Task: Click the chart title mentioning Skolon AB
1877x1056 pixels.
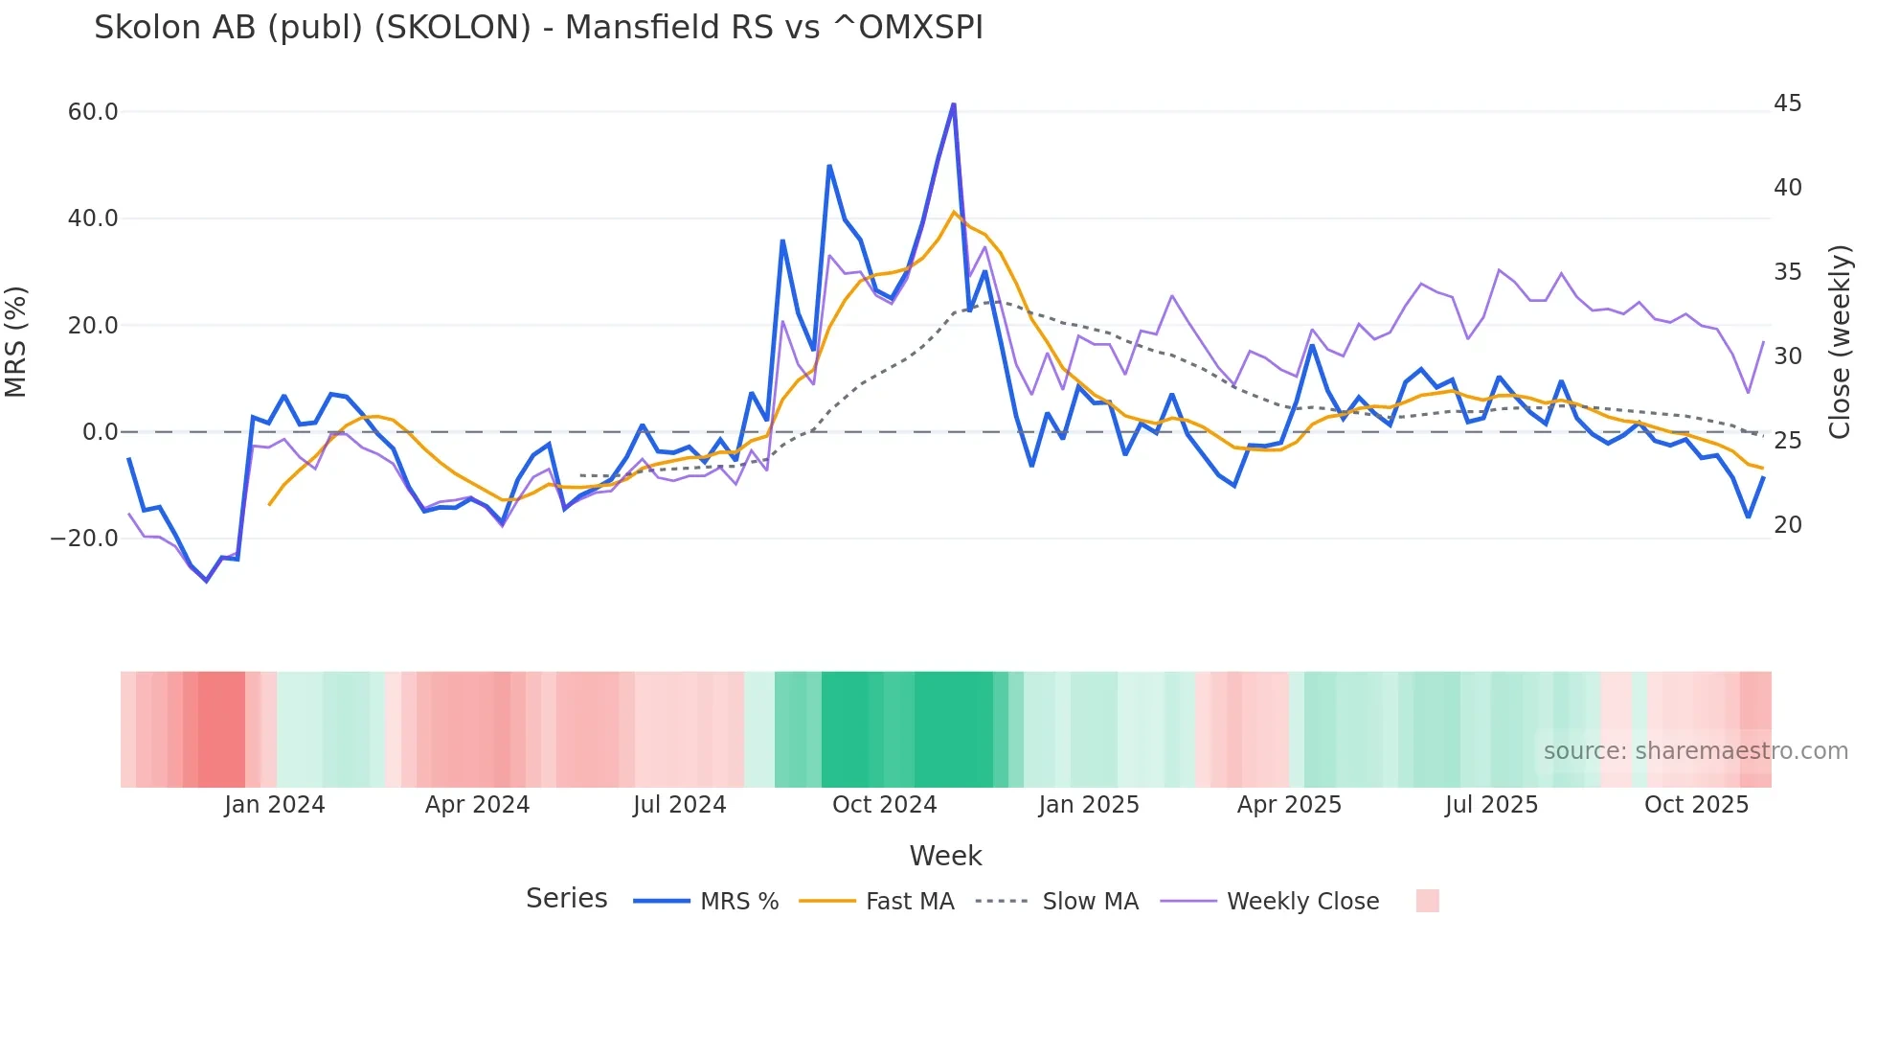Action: tap(538, 28)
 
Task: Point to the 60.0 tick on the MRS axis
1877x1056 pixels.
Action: tap(93, 112)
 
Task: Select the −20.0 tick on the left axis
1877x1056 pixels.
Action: tap(84, 539)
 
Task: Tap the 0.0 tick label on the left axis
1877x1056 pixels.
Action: tap(100, 432)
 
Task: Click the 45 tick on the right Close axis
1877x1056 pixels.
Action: tap(1787, 103)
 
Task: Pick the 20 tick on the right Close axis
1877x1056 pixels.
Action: tap(1787, 525)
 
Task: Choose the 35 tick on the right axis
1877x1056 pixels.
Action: tap(1787, 272)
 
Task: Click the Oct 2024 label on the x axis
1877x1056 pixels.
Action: tap(884, 805)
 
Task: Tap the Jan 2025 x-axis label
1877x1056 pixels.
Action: tap(1088, 805)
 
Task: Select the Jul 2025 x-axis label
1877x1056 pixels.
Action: tap(1491, 805)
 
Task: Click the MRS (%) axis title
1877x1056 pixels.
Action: tap(16, 342)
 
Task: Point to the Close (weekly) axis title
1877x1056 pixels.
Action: tap(1839, 342)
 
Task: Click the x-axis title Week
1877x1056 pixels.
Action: tap(945, 856)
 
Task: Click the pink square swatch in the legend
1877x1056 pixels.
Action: tap(1427, 901)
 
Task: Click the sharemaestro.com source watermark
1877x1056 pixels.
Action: tap(1695, 751)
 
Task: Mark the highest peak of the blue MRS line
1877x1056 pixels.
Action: tap(954, 104)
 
